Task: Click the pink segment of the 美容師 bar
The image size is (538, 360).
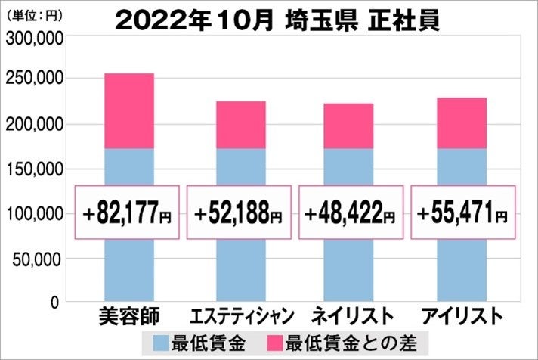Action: pos(128,111)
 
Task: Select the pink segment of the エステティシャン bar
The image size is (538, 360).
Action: pos(240,125)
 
